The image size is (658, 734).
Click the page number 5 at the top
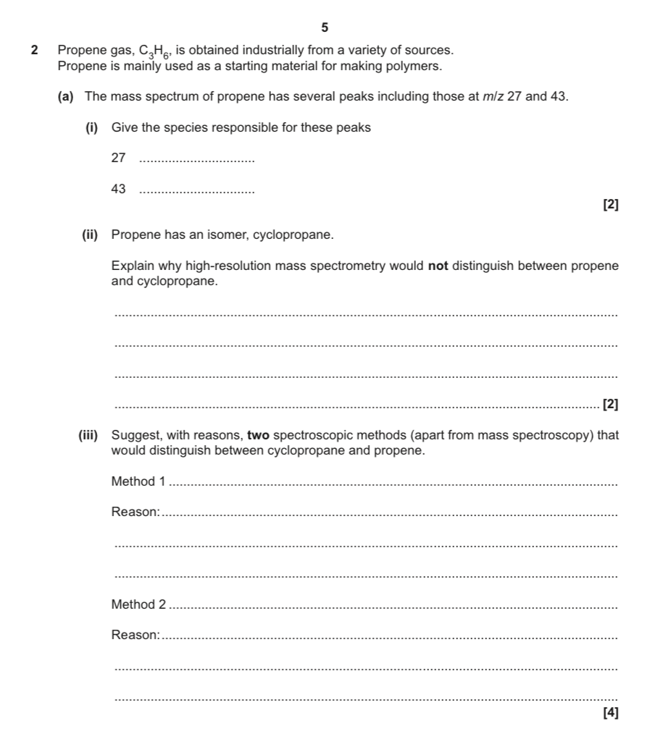[x=325, y=28]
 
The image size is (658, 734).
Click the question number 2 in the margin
[x=35, y=51]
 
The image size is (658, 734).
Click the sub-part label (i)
[x=91, y=127]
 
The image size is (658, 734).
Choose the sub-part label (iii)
[x=91, y=436]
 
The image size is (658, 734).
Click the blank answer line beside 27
[x=196, y=159]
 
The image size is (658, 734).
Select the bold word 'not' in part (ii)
[x=438, y=266]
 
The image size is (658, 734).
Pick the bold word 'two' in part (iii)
[x=257, y=436]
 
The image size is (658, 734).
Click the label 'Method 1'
[x=138, y=481]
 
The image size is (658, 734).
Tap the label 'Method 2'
[x=138, y=604]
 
